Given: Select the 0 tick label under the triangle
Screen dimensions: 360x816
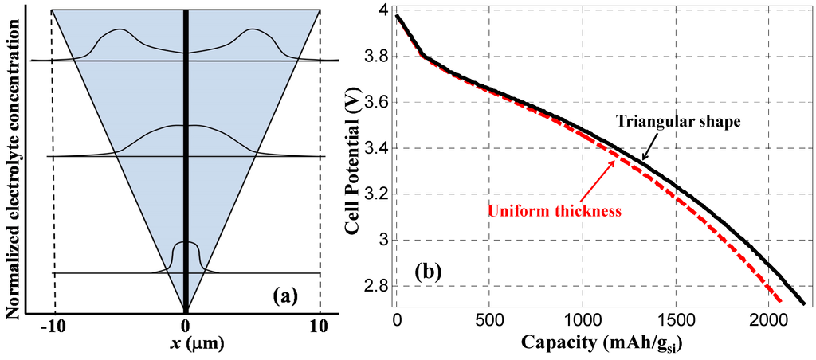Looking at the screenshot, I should [x=186, y=325].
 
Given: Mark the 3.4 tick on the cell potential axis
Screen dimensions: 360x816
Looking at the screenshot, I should [x=376, y=148].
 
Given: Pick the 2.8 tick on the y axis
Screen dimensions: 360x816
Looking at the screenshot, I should [x=376, y=286].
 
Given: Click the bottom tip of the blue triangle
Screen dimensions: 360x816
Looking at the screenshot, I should [x=186, y=311].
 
